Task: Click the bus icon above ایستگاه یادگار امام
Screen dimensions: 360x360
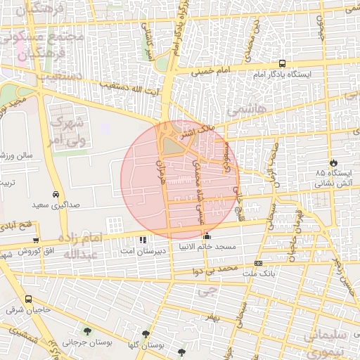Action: pyautogui.click(x=282, y=63)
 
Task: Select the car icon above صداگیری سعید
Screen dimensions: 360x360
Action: pyautogui.click(x=56, y=194)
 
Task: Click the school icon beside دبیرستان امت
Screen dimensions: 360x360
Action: pyautogui.click(x=143, y=240)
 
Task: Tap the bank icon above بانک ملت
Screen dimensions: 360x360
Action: pyautogui.click(x=258, y=264)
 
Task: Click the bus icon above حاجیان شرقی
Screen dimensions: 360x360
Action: pyautogui.click(x=27, y=300)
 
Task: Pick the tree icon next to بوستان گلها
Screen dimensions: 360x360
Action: pyautogui.click(x=146, y=334)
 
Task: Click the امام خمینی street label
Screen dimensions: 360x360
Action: pyautogui.click(x=213, y=70)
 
